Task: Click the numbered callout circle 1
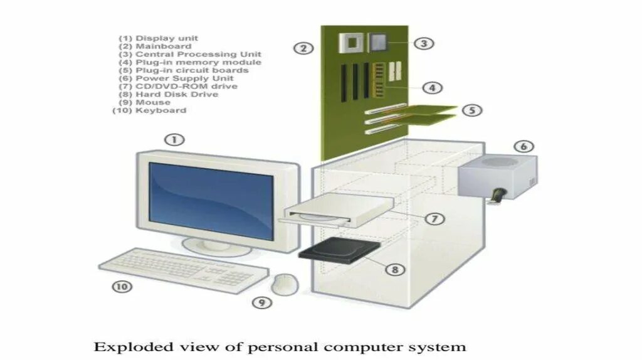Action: (x=174, y=139)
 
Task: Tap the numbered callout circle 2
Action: (x=303, y=48)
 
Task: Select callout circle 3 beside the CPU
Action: (x=424, y=43)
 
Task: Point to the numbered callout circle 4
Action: (x=433, y=88)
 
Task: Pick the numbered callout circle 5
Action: (x=472, y=110)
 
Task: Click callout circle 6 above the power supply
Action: (x=524, y=147)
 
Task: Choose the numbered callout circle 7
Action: (x=434, y=218)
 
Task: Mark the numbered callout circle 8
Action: (x=395, y=269)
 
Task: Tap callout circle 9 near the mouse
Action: (x=263, y=302)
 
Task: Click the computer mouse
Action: (x=285, y=283)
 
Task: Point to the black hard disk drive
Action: (x=339, y=251)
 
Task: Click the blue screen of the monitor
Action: (x=211, y=199)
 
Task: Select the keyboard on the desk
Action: (x=182, y=268)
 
